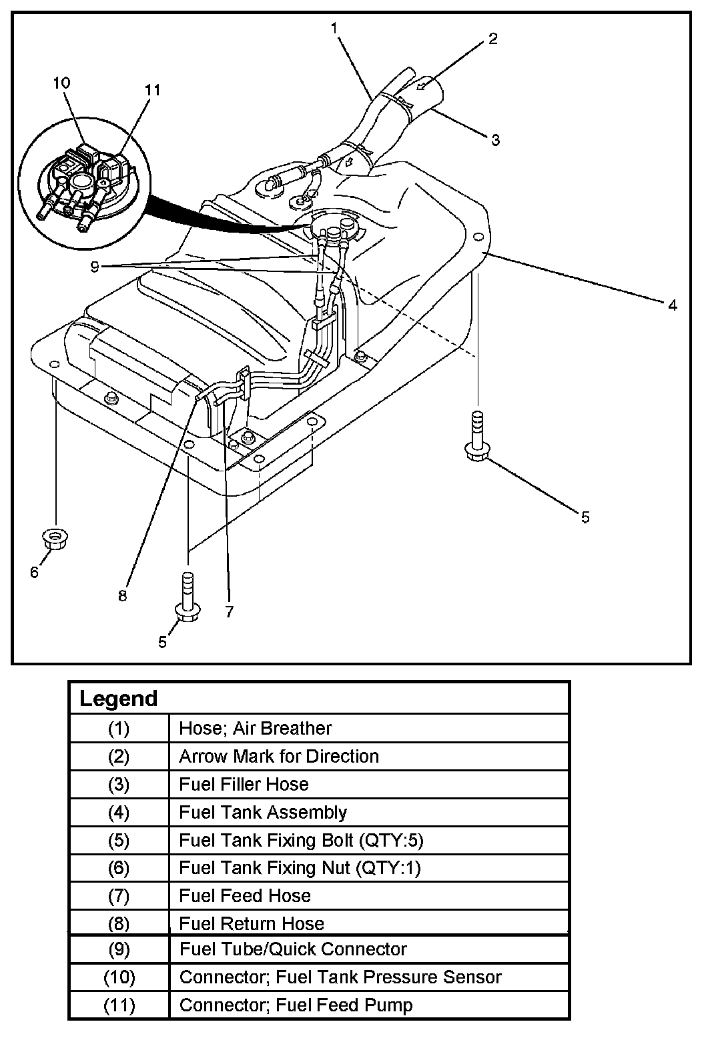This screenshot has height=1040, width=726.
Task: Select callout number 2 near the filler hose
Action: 492,39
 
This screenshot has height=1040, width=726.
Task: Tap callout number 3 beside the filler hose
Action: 495,139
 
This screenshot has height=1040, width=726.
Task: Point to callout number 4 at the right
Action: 673,305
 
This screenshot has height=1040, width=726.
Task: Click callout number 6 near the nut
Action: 35,571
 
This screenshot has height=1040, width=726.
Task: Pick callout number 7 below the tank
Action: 229,611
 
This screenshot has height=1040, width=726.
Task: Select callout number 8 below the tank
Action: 122,595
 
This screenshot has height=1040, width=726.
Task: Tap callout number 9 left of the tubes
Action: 95,266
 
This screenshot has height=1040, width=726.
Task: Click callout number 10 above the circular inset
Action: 61,83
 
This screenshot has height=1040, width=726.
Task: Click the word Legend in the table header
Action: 118,699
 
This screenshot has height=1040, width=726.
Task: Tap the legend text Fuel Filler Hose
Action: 244,784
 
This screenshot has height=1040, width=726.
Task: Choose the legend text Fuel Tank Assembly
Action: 263,812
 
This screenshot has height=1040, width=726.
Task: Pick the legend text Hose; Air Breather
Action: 255,728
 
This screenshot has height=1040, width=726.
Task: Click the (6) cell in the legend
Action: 119,868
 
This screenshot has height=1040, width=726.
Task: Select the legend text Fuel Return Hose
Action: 252,923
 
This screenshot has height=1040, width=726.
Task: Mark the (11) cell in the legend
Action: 119,1005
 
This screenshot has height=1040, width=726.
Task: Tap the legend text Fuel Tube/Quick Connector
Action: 293,949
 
